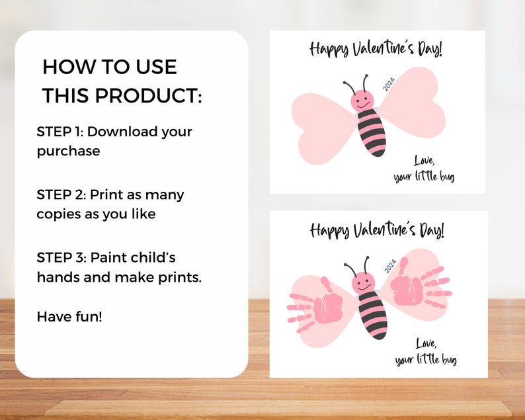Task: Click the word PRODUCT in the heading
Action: point(147,95)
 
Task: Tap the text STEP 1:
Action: point(60,132)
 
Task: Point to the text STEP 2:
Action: point(61,195)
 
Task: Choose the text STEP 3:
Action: point(61,258)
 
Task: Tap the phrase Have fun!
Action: point(69,317)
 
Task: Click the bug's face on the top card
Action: point(362,101)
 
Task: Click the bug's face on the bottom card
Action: point(362,283)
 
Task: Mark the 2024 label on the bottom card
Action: point(389,266)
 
